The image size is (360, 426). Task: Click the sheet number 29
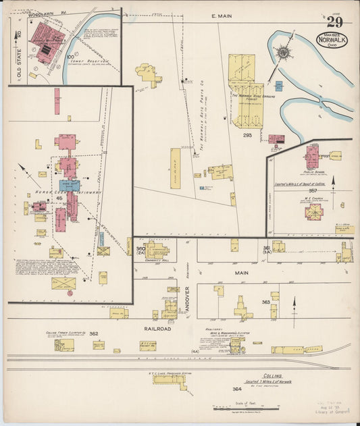click(335, 22)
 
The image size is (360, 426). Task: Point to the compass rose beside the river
click(284, 52)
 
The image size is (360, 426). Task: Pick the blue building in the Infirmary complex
click(69, 185)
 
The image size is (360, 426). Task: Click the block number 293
click(248, 135)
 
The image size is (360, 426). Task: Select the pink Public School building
click(311, 157)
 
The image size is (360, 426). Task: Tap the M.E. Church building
click(313, 213)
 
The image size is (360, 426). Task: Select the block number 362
click(93, 334)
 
